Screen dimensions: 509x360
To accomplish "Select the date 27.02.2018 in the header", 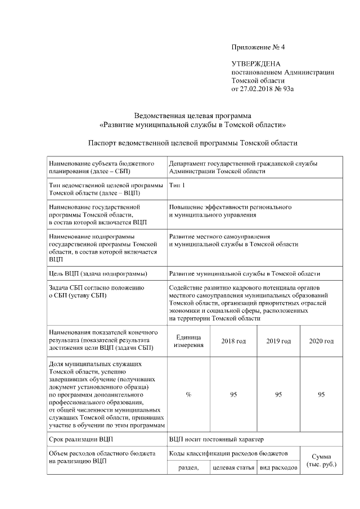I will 258,88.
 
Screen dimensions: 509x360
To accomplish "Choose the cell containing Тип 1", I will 177,185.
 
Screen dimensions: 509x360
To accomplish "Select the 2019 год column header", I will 278,341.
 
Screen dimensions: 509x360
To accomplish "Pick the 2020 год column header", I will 321,341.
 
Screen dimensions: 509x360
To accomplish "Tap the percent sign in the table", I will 188,395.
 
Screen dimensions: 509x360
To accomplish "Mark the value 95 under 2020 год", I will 321,395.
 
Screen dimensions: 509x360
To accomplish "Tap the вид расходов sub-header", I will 278,468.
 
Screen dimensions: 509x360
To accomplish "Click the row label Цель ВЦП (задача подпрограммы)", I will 98,274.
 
